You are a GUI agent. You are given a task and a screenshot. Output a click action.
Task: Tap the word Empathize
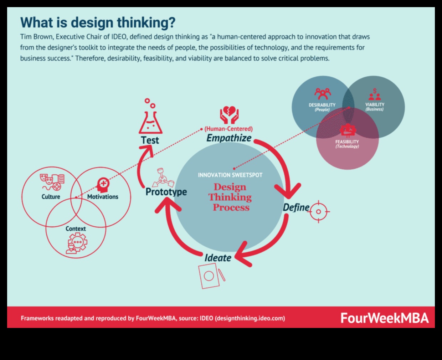(229, 138)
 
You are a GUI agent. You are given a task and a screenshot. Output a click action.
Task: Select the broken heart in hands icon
(229, 115)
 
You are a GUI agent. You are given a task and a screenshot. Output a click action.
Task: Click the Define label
(296, 207)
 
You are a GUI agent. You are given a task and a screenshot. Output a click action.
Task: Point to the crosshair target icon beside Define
(318, 211)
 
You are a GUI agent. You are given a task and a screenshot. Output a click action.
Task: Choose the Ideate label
(217, 258)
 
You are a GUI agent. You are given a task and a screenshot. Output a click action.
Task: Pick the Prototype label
(166, 192)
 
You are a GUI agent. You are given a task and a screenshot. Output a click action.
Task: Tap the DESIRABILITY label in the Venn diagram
(322, 105)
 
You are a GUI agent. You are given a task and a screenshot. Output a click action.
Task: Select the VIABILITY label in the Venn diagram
(375, 104)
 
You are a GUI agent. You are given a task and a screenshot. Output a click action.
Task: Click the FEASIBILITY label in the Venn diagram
(347, 142)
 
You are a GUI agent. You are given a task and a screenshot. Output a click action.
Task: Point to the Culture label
(51, 196)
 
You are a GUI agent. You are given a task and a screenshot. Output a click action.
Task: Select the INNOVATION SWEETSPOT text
(230, 175)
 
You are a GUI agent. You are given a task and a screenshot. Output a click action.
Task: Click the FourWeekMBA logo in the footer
(384, 318)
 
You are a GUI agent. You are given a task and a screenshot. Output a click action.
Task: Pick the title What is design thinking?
(98, 22)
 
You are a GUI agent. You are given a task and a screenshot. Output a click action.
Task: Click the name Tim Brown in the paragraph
(36, 37)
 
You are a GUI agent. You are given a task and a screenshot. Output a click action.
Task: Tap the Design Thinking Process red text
(230, 197)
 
